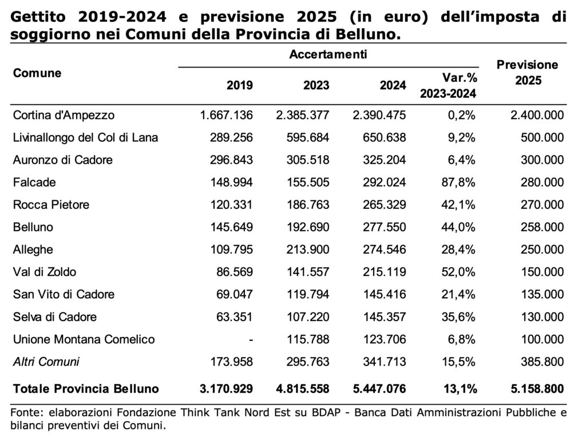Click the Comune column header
(x=37, y=73)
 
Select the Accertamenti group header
(x=328, y=54)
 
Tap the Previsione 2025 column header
(x=527, y=73)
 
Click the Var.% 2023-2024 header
(x=449, y=86)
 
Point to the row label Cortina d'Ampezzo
(x=64, y=115)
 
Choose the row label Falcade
(x=34, y=182)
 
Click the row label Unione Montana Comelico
(x=84, y=339)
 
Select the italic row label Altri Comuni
(x=46, y=362)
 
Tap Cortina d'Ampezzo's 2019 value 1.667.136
(x=227, y=115)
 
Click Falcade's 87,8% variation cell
(x=458, y=182)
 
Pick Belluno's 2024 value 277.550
(x=384, y=227)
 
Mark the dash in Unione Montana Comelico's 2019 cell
(x=251, y=340)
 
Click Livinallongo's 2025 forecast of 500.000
(x=543, y=137)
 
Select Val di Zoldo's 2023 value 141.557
(x=308, y=272)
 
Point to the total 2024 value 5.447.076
(x=379, y=389)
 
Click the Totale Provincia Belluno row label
(x=86, y=389)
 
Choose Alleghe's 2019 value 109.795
(x=232, y=250)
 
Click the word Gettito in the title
(x=38, y=17)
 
